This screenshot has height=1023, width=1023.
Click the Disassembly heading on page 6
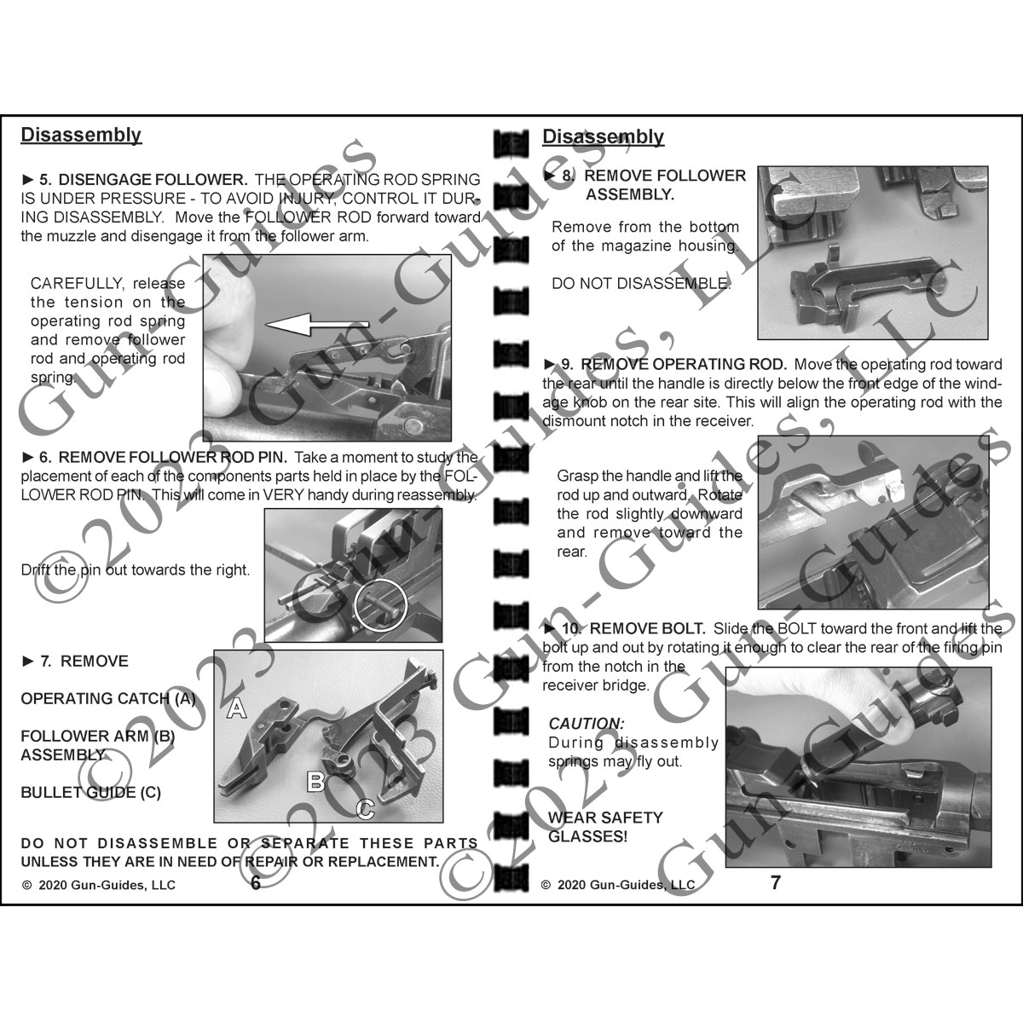[x=81, y=135]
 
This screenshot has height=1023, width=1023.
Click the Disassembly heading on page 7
[x=603, y=136]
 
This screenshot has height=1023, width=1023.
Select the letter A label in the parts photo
[x=237, y=707]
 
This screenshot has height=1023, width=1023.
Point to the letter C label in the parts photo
[x=366, y=808]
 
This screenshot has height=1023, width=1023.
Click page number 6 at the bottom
[x=256, y=883]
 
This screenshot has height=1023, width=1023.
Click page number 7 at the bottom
[x=775, y=882]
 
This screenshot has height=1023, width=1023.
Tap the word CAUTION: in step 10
[x=586, y=724]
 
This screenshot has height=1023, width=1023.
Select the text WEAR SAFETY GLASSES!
[x=593, y=827]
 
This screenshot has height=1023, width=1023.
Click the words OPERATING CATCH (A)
[x=108, y=699]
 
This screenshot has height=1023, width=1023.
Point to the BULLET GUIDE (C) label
[x=90, y=793]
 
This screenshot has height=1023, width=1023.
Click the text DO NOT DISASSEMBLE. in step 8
[x=641, y=284]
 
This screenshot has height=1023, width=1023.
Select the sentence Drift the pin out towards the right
[x=136, y=569]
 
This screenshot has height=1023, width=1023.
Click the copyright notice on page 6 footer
[x=99, y=885]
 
